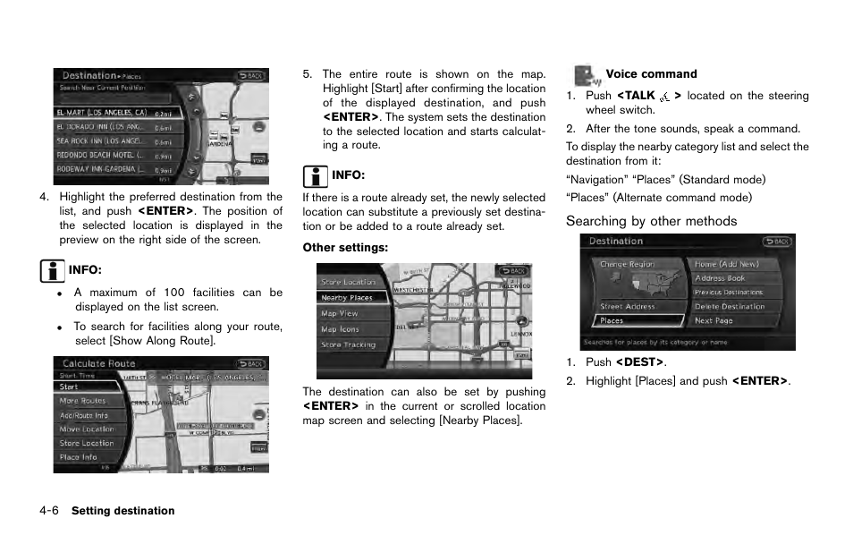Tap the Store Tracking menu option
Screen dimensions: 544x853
[x=351, y=344]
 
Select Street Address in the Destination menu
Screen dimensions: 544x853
[x=628, y=306]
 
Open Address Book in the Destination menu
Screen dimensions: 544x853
[x=721, y=278]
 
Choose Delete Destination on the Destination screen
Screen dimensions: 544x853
[x=730, y=306]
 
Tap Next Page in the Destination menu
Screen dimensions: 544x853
[x=714, y=320]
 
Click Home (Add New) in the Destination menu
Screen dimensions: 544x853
[x=726, y=264]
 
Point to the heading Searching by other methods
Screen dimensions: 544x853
[x=651, y=221]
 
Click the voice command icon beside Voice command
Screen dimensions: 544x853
[x=585, y=75]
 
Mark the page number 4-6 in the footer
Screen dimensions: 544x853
[x=49, y=511]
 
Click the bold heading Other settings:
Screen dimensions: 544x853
[x=345, y=247]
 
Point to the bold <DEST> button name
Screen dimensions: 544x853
[x=639, y=362]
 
